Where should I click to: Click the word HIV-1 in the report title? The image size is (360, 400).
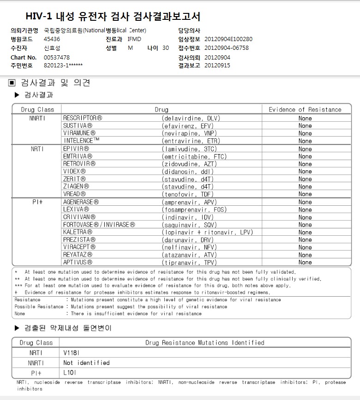38,17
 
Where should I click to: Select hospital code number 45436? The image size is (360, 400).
52,39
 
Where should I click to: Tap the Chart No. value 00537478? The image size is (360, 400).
57,57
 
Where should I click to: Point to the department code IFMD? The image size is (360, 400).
134,39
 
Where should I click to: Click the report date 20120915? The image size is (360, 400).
217,66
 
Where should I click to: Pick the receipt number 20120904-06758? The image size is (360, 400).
226,48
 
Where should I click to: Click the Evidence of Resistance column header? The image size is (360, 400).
305,110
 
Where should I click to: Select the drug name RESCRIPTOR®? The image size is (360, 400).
83,118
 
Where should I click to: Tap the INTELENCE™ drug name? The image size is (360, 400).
81,141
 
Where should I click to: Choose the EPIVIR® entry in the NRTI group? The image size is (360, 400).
76,149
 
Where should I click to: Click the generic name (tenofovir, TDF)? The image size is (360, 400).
188,194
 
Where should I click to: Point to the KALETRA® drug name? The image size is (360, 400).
78,232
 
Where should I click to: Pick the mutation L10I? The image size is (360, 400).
69,373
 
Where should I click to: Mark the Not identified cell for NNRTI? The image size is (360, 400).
86,363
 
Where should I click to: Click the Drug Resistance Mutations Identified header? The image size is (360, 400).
204,343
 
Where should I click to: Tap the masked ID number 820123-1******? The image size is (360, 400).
63,66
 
